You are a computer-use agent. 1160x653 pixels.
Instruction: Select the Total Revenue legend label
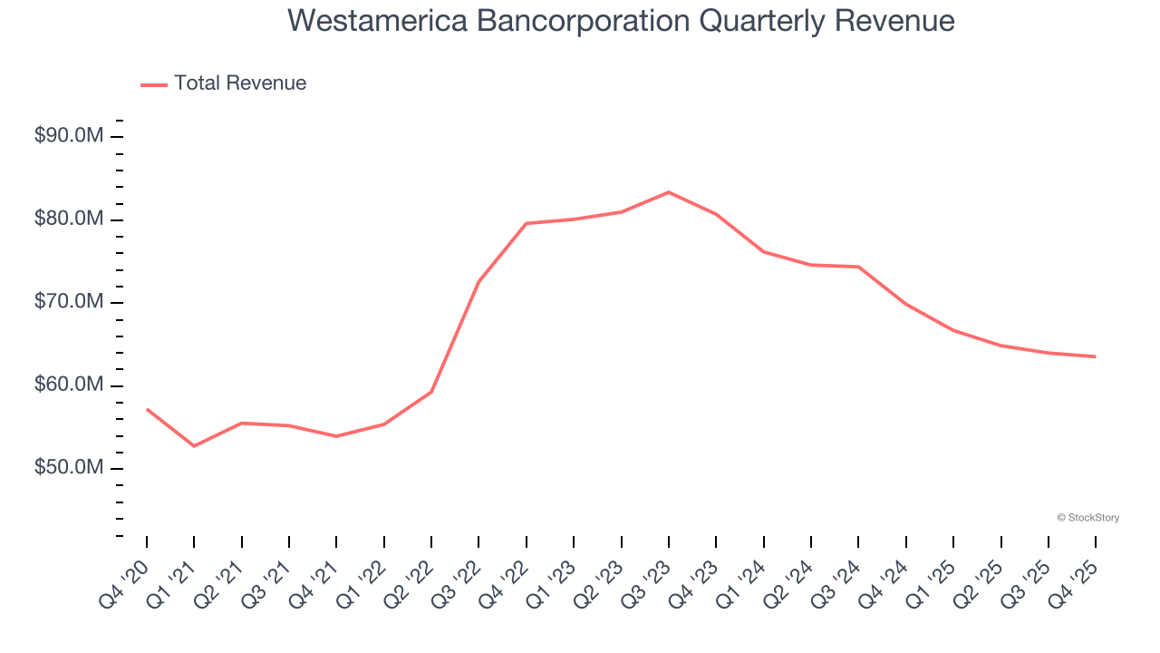point(240,83)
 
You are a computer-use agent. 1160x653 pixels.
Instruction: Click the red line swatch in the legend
point(154,84)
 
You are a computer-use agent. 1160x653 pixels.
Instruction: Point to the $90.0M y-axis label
point(69,136)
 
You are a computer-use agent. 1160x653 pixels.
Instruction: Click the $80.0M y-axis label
point(69,219)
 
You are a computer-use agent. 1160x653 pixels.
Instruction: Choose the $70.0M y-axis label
point(69,302)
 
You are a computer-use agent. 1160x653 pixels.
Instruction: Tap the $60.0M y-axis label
point(69,385)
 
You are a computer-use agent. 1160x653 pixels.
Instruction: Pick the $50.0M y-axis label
point(69,468)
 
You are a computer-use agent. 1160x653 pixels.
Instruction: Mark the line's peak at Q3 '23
point(669,192)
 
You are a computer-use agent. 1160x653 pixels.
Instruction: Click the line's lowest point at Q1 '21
point(194,446)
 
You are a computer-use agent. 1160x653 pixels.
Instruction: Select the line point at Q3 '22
point(478,282)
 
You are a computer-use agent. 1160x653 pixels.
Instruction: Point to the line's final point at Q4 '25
point(1096,356)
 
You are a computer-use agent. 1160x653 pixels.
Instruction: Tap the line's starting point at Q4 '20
point(147,409)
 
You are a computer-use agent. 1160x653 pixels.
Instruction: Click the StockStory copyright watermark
point(1087,518)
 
